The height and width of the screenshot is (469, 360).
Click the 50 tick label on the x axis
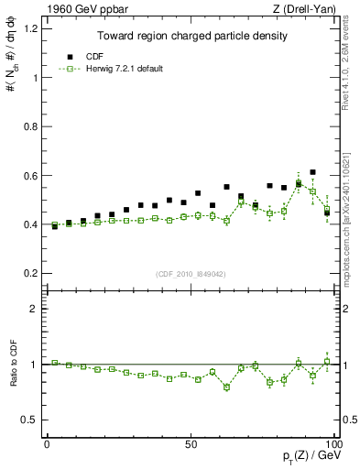pyautogui.click(x=191, y=444)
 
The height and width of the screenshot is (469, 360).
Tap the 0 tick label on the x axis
pyautogui.click(x=47, y=444)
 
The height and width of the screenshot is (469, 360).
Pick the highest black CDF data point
pyautogui.click(x=312, y=172)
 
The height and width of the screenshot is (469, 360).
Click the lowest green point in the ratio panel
pyautogui.click(x=226, y=387)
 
